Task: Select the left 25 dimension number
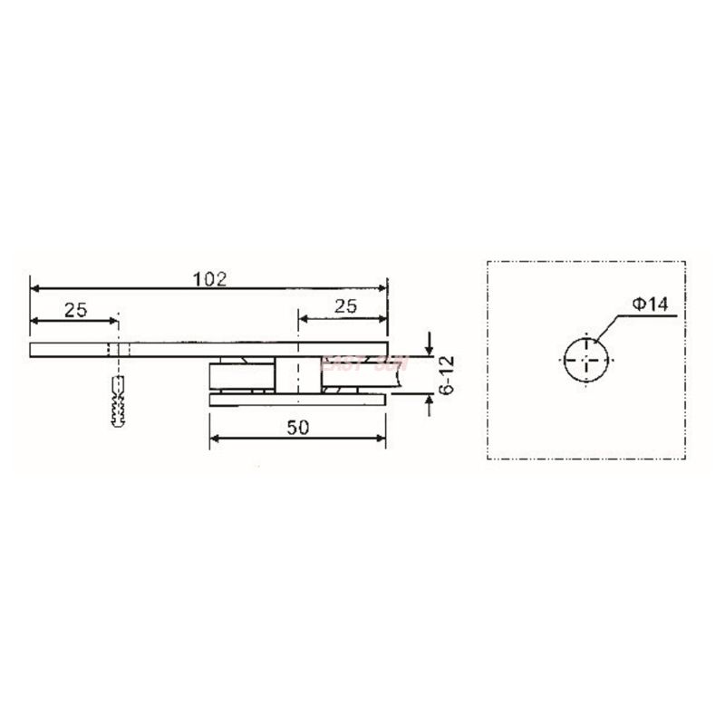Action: [75, 309]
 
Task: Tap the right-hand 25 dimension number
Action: [345, 307]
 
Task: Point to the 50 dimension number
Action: [299, 428]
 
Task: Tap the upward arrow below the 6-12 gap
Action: [429, 401]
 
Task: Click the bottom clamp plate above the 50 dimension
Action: [299, 399]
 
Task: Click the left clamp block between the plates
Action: [237, 375]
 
